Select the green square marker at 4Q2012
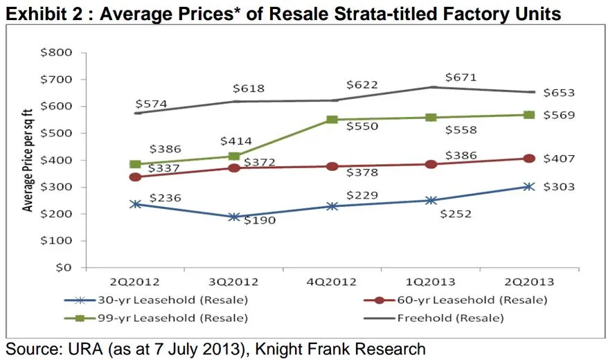tap(332, 120)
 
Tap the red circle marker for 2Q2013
tap(529, 159)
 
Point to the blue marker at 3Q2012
tap(234, 217)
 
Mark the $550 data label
tap(362, 128)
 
